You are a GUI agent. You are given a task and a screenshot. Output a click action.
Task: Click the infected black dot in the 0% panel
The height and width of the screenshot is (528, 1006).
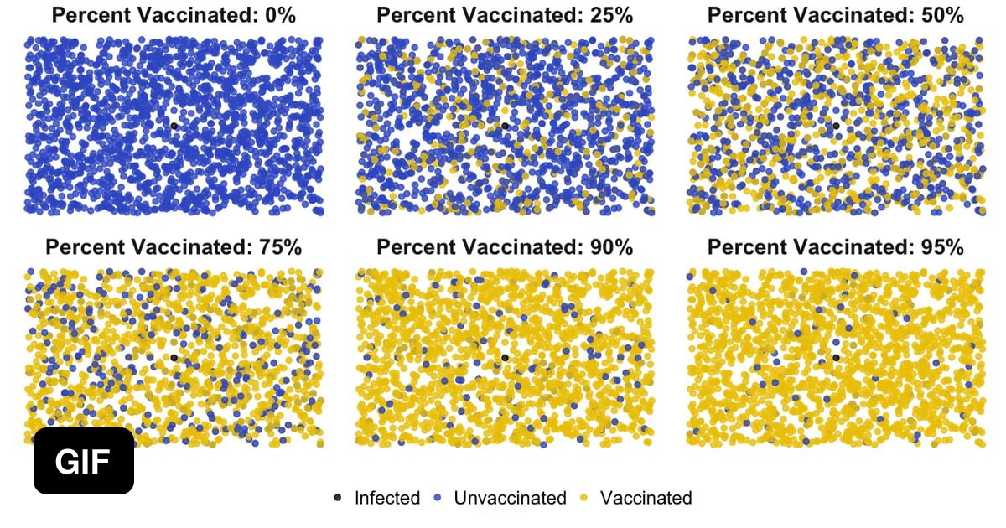pos(174,126)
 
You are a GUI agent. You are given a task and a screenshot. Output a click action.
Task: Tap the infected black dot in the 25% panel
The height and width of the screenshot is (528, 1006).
pos(505,126)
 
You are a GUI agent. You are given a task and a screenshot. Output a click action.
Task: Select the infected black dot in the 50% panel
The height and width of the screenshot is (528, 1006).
pos(836,126)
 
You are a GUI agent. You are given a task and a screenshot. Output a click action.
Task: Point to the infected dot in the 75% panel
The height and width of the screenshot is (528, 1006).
pos(174,357)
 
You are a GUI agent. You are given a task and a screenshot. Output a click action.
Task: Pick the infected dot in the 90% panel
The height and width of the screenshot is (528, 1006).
pos(505,357)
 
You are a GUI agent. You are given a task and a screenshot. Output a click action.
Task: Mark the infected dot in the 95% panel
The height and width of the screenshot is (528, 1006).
pos(836,357)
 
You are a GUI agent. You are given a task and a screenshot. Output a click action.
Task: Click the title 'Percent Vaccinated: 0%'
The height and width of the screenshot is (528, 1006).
pos(174,15)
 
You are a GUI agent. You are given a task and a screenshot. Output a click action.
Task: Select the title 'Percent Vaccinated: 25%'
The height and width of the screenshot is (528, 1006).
pos(505,15)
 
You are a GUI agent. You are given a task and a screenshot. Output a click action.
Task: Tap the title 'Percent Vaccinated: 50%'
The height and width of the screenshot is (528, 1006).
pos(836,15)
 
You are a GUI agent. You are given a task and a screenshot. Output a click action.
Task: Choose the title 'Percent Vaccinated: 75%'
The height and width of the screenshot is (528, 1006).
pos(174,246)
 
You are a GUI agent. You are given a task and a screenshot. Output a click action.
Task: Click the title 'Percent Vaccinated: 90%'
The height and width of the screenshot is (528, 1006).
pos(505,246)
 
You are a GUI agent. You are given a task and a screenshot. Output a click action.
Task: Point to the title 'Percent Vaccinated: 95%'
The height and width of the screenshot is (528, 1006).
pos(836,246)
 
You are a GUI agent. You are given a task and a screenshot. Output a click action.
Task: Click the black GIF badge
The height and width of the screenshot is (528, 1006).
pos(84,461)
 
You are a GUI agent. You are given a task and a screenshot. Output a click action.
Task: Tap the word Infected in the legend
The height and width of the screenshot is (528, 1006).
pos(386,498)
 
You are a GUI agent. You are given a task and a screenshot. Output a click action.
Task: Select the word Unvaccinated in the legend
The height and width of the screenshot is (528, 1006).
pos(510,498)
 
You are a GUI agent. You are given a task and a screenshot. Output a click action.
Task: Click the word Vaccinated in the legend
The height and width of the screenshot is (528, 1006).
pos(646,498)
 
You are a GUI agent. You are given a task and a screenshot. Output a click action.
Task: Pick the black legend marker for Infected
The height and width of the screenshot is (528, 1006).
pos(338,498)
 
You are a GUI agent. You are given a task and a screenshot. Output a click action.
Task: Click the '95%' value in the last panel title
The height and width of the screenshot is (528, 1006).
pos(940,246)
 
